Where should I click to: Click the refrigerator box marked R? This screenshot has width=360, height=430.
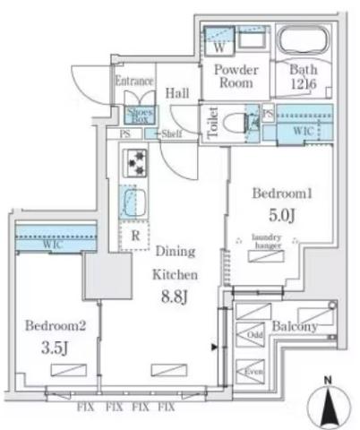[x=133, y=236]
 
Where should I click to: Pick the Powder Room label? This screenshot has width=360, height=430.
[x=236, y=75]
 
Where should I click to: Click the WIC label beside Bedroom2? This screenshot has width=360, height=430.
[x=51, y=244]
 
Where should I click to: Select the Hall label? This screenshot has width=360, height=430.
[x=176, y=91]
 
